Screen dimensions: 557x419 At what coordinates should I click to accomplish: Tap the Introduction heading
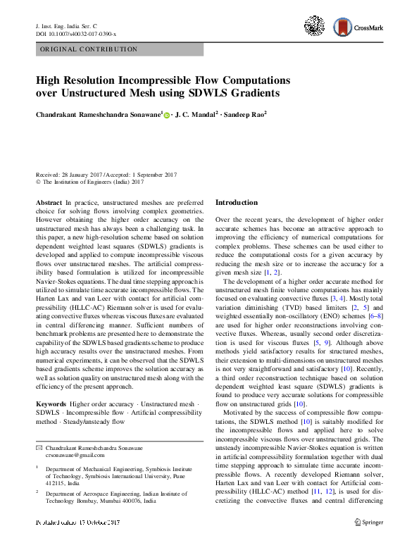[236, 203]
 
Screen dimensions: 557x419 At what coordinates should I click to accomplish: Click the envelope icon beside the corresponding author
[39, 447]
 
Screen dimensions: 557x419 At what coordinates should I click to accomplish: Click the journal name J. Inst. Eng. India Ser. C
[69, 26]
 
